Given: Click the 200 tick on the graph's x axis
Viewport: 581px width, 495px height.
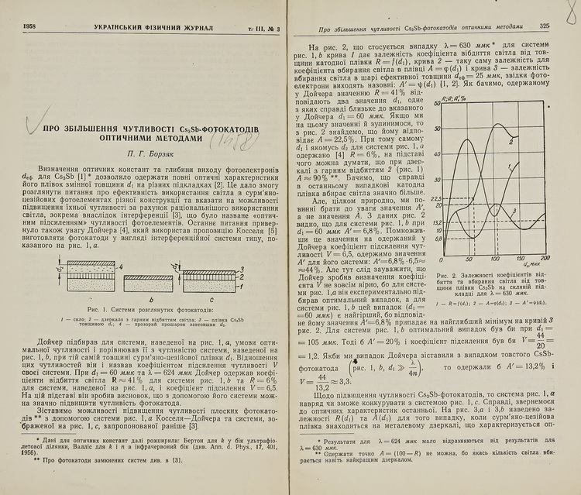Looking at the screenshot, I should [x=545, y=258].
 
